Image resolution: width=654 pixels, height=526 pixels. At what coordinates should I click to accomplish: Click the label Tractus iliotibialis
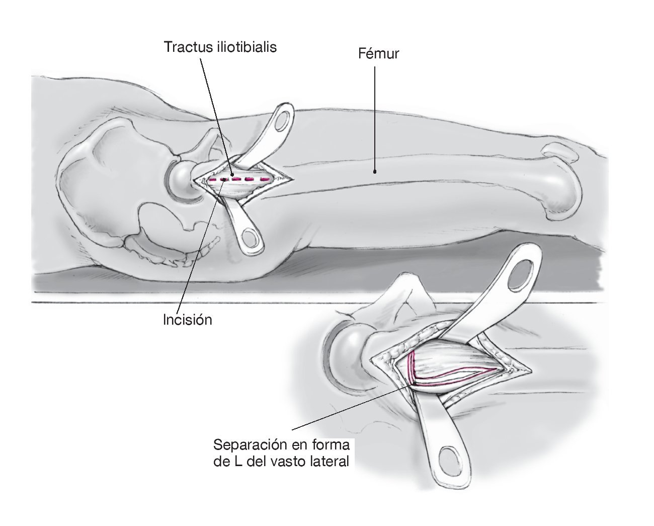220,47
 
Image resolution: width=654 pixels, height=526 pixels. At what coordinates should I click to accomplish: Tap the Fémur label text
378,53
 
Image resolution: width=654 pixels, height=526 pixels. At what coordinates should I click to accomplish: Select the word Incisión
188,320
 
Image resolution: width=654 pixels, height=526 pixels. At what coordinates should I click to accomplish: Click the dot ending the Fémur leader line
375,171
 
